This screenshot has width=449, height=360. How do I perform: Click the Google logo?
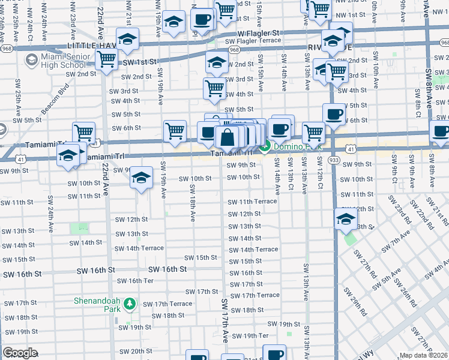coord(20,353)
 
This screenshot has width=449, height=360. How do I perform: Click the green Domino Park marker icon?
coord(265,146)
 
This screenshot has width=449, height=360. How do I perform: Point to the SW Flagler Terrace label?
coord(253,41)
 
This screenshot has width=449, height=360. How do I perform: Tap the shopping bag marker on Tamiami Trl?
coord(228,137)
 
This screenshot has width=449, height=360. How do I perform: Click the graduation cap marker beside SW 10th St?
coord(142,178)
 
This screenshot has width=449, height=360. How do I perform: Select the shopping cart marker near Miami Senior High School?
coord(106,59)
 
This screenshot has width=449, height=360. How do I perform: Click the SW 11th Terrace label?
coord(252,202)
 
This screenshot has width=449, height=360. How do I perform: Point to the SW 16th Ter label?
coord(136,281)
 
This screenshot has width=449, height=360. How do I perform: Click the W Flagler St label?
coord(259,33)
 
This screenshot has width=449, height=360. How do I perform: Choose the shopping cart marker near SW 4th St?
coord(214,88)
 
